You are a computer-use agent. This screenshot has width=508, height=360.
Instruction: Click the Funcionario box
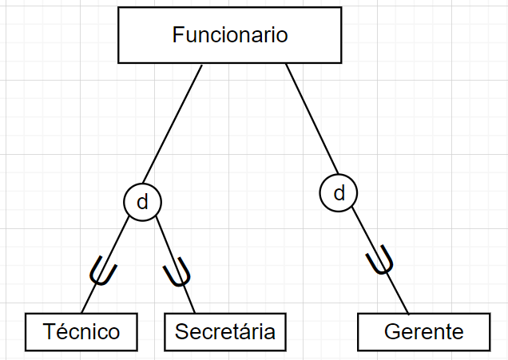[x=230, y=35]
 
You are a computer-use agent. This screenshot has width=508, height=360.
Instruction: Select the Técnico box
[x=81, y=331]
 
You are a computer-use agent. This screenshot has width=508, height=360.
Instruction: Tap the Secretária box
[x=224, y=331]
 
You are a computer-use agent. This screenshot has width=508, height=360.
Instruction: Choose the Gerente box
[x=423, y=331]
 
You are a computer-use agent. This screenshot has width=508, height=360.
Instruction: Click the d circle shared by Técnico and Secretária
[x=142, y=202]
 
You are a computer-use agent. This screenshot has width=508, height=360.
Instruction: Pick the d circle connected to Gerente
[x=339, y=192]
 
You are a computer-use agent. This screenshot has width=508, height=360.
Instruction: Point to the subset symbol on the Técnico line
[x=103, y=271]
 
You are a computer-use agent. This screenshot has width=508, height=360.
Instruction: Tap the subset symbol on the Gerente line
[x=380, y=261]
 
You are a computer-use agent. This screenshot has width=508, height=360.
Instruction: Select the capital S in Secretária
[x=181, y=331]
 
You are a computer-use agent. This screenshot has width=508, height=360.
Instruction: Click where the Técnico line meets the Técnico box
[x=82, y=314]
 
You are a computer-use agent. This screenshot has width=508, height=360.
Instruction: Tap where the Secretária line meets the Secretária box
[x=195, y=314]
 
